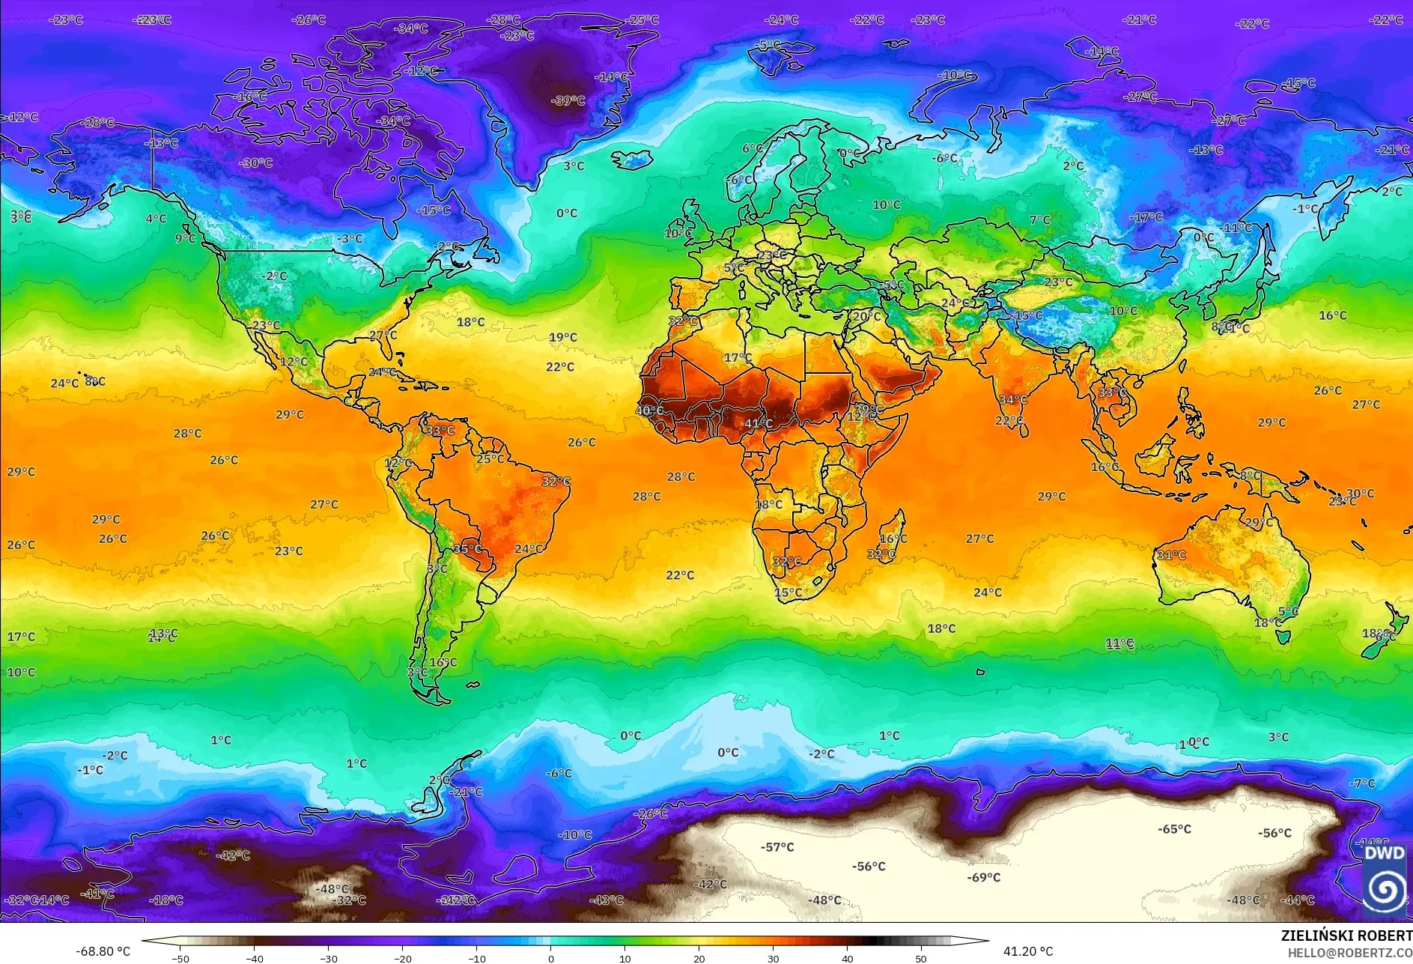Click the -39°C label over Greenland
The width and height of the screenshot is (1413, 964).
(568, 100)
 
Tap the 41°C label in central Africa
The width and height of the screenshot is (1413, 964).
(758, 423)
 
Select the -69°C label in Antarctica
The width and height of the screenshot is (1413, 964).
(983, 877)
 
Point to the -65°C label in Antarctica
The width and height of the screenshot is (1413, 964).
(1174, 829)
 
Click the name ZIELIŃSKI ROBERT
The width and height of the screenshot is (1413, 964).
(1346, 936)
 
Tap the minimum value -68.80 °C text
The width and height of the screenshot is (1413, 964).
(103, 951)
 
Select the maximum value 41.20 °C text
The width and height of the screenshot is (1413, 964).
(1027, 951)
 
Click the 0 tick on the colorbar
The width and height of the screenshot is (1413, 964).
(551, 958)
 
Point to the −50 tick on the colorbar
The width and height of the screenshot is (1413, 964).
(180, 958)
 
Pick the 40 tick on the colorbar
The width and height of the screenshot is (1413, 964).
(847, 958)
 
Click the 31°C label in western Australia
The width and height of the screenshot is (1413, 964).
(1171, 555)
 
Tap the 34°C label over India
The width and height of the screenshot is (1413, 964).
(1012, 400)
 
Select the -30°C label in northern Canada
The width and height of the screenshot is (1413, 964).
(256, 163)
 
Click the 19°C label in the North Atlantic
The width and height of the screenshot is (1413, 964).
(562, 337)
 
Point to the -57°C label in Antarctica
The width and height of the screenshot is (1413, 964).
(777, 847)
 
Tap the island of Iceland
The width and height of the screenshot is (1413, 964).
(633, 160)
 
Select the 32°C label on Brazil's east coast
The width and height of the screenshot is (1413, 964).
(556, 482)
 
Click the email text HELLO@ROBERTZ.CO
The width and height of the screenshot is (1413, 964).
(1349, 953)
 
